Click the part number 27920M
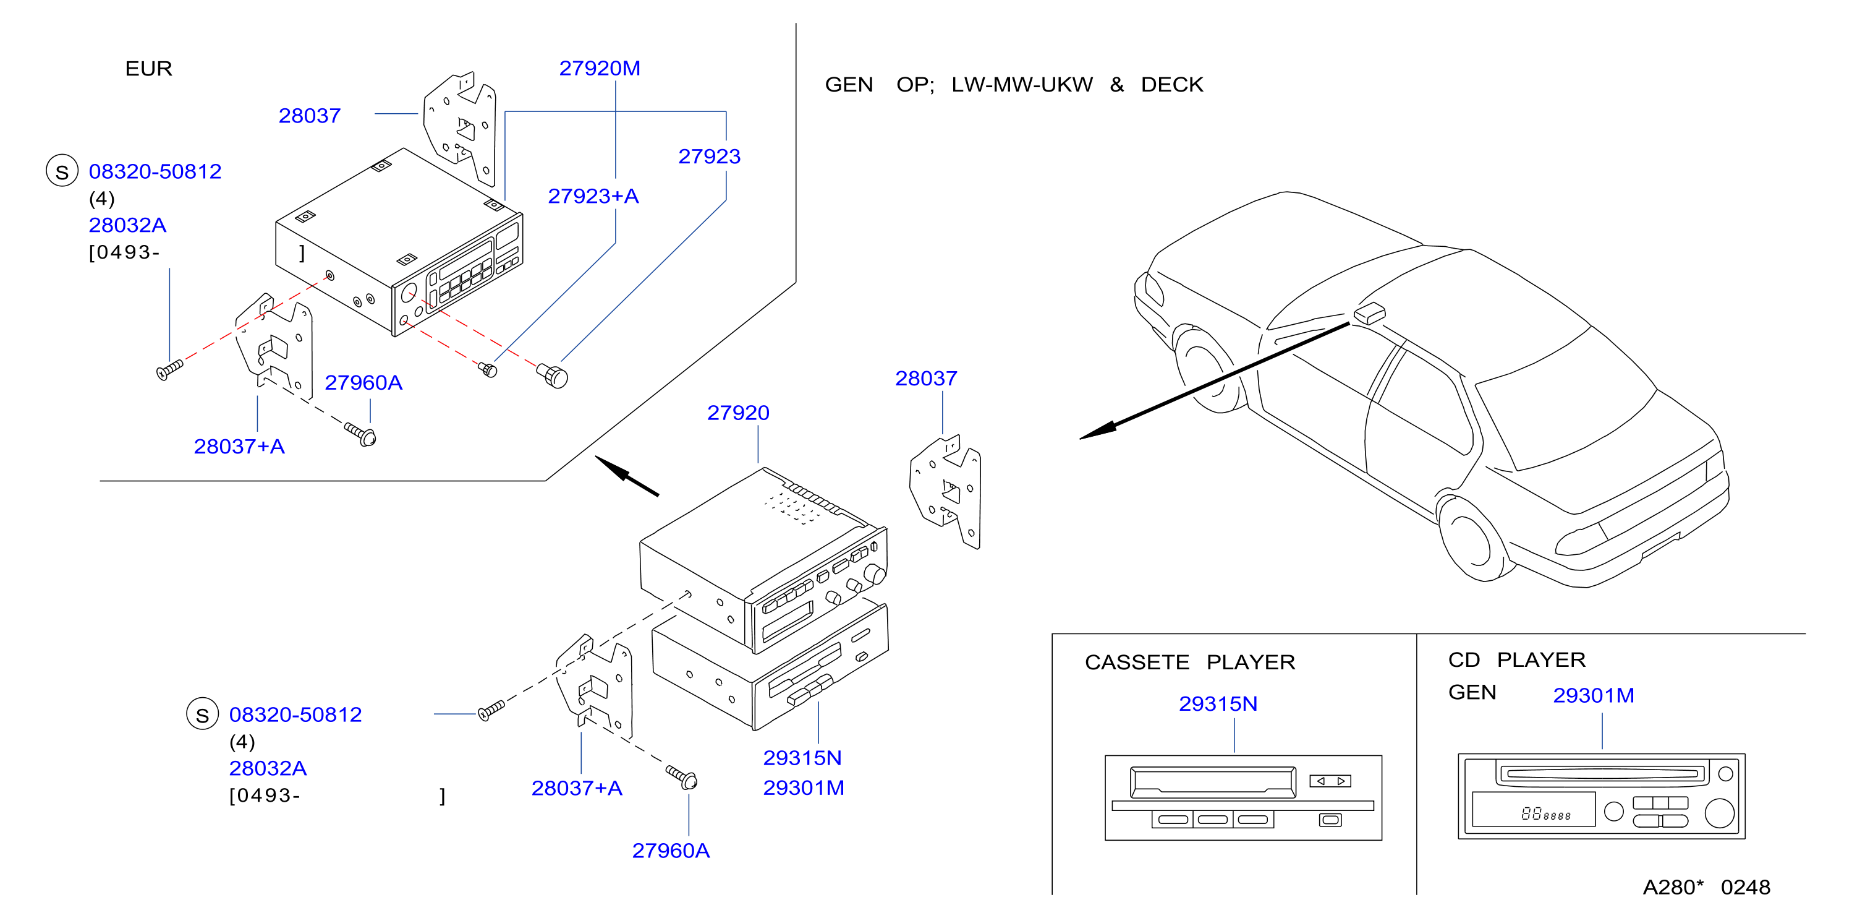click(x=600, y=68)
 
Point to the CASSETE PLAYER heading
click(x=1190, y=662)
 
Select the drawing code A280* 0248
click(x=1706, y=887)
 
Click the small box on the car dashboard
click(x=1369, y=314)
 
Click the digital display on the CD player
click(x=1534, y=809)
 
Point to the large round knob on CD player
click(x=1719, y=813)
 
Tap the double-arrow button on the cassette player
click(x=1330, y=781)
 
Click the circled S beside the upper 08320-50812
click(x=62, y=171)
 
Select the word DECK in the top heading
click(x=1172, y=85)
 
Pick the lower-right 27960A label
click(x=670, y=851)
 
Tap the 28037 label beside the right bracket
click(x=926, y=379)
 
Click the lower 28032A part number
click(x=268, y=768)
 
